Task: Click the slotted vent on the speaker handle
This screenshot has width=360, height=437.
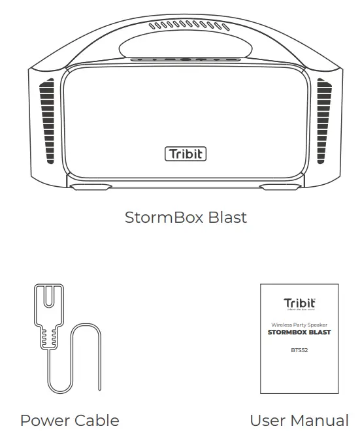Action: click(184, 27)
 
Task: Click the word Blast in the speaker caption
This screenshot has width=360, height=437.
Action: click(227, 218)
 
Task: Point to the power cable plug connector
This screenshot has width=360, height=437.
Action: click(47, 307)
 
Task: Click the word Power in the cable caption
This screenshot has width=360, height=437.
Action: click(44, 421)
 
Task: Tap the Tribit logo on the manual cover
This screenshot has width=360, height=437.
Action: click(300, 303)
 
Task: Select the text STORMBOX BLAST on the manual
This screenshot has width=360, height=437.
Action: click(300, 332)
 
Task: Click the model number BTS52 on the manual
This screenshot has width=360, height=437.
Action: click(300, 349)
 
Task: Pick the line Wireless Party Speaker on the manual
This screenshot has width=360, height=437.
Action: click(300, 325)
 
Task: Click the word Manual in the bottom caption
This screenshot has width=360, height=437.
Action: click(321, 421)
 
